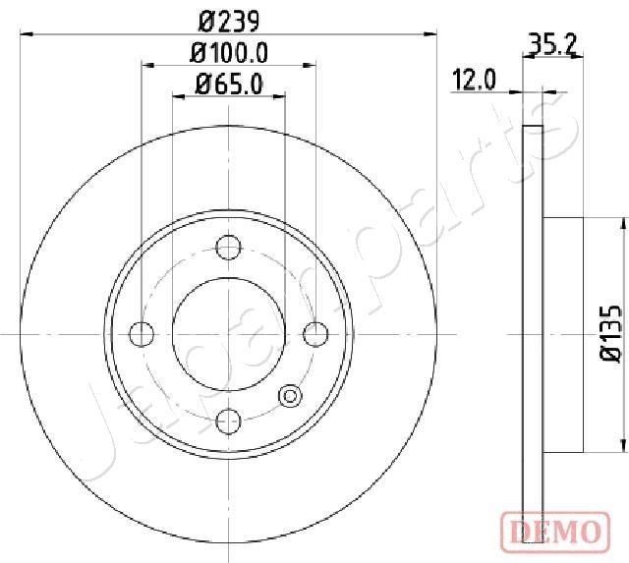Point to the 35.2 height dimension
(551, 43)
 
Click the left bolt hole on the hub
(143, 334)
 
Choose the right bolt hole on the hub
(314, 334)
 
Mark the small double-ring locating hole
(291, 396)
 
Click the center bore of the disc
(228, 333)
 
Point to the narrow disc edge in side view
(532, 334)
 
